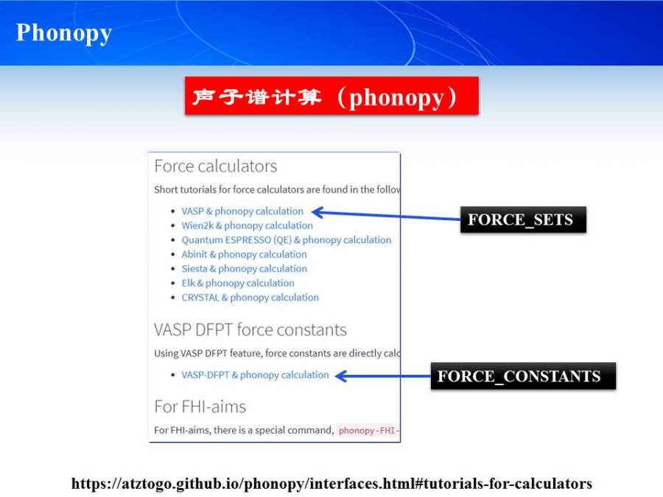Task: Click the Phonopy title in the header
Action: point(64,33)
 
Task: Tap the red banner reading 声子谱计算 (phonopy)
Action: point(331,96)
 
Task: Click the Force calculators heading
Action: point(215,166)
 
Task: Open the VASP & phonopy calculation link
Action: point(242,211)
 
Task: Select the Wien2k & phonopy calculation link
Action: point(247,225)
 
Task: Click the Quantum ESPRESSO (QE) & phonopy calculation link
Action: point(286,240)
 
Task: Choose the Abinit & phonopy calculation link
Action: point(244,254)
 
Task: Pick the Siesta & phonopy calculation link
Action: point(244,269)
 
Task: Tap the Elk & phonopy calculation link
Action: point(238,283)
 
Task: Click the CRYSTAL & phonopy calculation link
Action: point(250,297)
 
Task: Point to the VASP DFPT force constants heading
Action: point(250,330)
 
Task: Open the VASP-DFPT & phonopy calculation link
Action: point(255,375)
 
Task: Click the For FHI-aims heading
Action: point(200,406)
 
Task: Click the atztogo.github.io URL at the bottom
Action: point(331,484)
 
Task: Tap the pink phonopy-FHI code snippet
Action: point(368,430)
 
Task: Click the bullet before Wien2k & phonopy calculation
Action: point(172,226)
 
